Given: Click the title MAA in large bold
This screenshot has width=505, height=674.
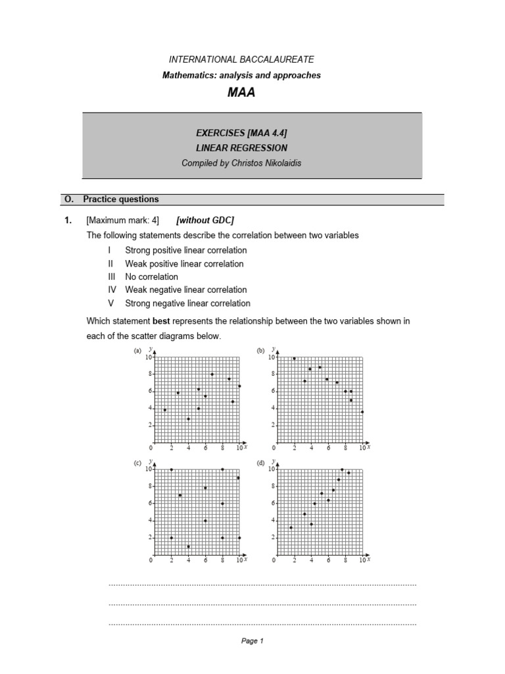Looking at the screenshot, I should (241, 93).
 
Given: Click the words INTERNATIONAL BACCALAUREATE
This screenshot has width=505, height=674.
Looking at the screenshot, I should (241, 59).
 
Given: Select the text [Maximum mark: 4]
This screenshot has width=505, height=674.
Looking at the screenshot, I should (122, 221).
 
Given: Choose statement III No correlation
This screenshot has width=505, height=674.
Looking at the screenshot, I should (151, 276).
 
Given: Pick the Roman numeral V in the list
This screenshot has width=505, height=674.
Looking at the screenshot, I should (111, 303).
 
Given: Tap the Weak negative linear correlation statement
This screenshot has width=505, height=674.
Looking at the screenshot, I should (185, 290).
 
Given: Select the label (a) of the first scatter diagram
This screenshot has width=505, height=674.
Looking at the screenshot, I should (137, 351).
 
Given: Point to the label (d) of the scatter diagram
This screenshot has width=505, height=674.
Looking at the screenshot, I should (260, 463).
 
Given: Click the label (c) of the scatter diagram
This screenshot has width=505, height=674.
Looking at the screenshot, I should (137, 463).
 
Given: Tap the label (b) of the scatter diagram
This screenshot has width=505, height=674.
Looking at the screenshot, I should (260, 351).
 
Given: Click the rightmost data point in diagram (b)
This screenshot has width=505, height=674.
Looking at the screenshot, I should (362, 412).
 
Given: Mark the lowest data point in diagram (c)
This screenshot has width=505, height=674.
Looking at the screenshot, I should (189, 546).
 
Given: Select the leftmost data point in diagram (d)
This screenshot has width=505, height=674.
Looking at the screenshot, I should (291, 527).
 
